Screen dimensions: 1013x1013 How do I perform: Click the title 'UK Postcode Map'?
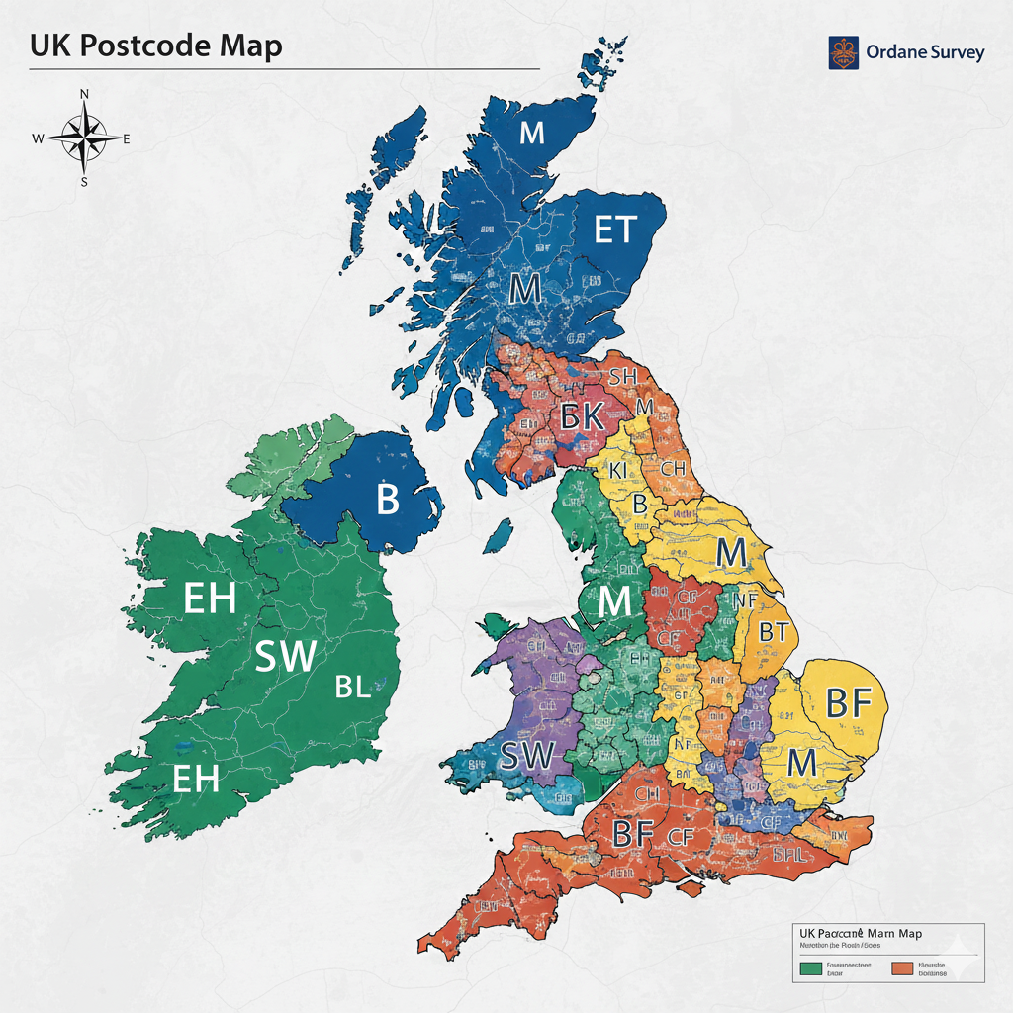155,46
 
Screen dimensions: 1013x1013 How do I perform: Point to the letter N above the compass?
84,94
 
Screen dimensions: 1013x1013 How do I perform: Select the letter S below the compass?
84,181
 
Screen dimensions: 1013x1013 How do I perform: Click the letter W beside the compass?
38,138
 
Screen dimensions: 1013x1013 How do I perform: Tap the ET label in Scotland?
615,230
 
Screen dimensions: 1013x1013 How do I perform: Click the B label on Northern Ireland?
388,501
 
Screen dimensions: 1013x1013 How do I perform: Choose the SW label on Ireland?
286,656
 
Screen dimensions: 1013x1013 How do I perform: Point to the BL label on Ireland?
352,687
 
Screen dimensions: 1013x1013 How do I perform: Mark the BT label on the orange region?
773,630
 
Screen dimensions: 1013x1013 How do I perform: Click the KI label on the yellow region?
619,471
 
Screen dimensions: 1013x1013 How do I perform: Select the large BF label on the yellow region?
848,702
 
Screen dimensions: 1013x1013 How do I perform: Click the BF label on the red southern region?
635,834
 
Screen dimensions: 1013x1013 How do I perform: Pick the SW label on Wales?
527,755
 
